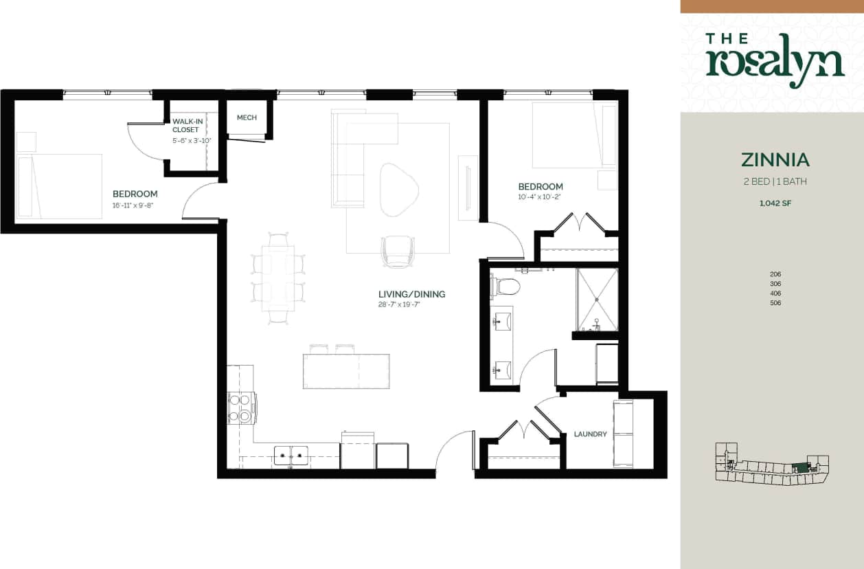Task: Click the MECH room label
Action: click(x=247, y=118)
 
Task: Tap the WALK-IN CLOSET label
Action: click(x=187, y=125)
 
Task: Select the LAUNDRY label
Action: click(x=590, y=434)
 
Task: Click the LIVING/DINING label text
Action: click(x=411, y=294)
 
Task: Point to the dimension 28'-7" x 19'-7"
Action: click(x=398, y=304)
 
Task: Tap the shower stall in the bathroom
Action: click(x=597, y=300)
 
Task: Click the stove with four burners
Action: click(x=242, y=408)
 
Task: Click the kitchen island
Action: click(x=346, y=371)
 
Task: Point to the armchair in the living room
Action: click(x=398, y=251)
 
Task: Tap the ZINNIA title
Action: click(x=775, y=159)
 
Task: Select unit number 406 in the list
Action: click(x=775, y=293)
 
